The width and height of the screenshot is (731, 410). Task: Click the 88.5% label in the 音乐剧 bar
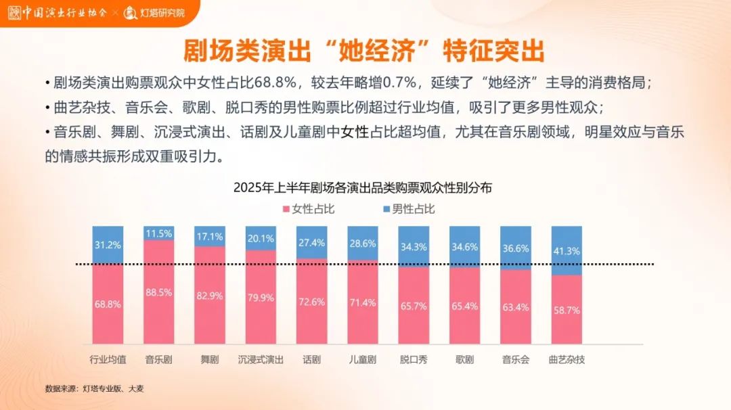tap(158, 292)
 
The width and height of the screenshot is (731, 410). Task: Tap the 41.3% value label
tap(567, 251)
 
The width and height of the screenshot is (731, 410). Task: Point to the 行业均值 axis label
tap(108, 359)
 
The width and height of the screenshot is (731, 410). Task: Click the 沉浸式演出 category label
tap(261, 359)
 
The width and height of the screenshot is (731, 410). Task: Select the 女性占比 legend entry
tap(308, 209)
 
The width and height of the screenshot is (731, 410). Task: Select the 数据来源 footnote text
tap(94, 389)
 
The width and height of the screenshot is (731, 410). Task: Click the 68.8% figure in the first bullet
tap(275, 83)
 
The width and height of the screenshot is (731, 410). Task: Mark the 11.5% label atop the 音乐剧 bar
tap(158, 233)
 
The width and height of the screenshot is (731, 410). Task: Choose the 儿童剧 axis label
tap(363, 359)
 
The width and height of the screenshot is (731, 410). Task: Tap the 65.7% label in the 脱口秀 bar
tap(414, 306)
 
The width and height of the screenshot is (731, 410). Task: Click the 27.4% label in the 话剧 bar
tap(311, 242)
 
